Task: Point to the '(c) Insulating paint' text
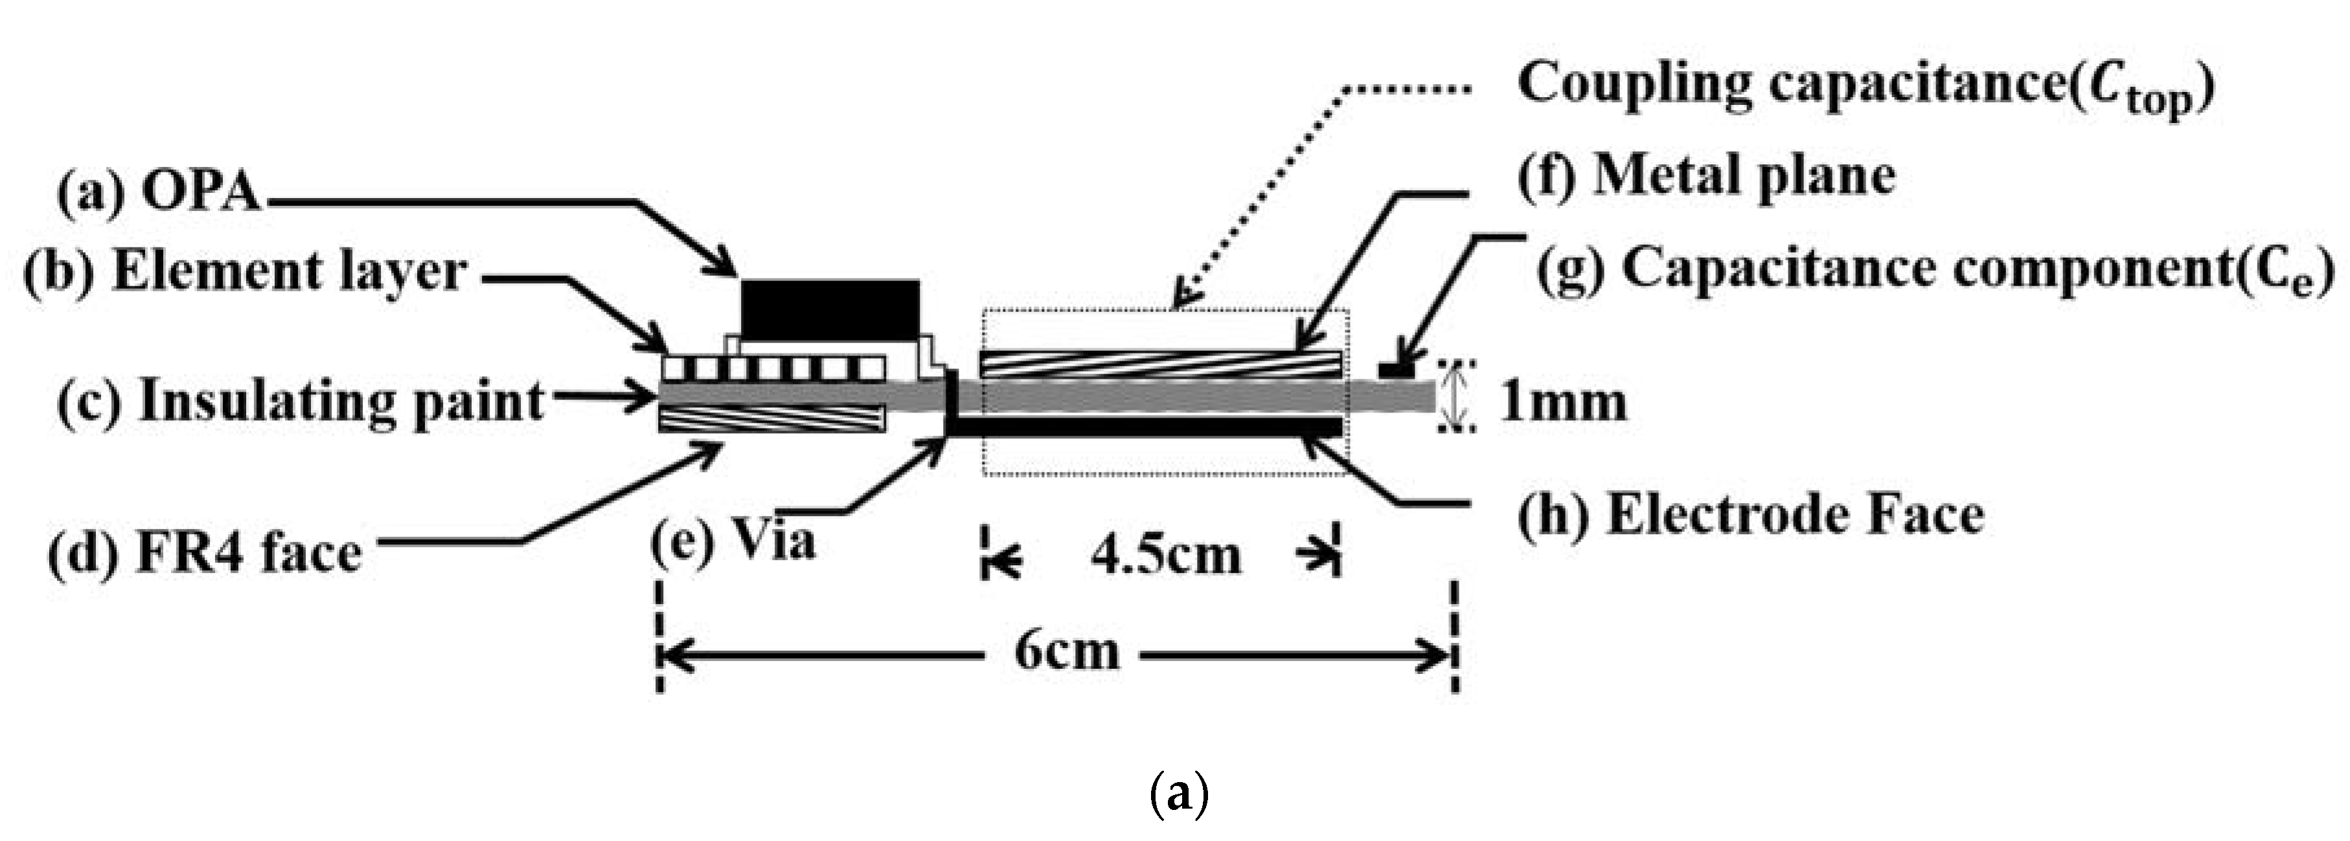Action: [x=301, y=401]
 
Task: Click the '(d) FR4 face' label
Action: [x=205, y=553]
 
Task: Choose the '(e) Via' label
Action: [x=733, y=541]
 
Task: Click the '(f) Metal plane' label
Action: [x=1707, y=176]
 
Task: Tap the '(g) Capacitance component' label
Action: [x=1934, y=271]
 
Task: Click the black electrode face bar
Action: [x=1146, y=427]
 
